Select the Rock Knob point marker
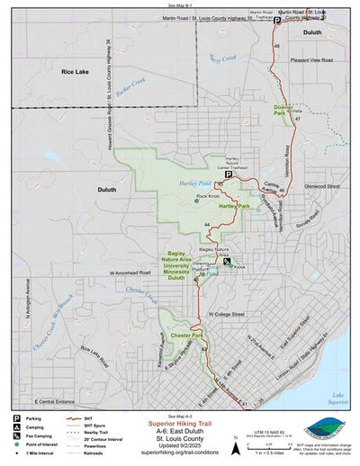coord(197,201)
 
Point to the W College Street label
coord(226,315)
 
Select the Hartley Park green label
coord(233,206)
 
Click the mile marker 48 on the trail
coord(276,45)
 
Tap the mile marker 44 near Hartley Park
coord(208,223)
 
